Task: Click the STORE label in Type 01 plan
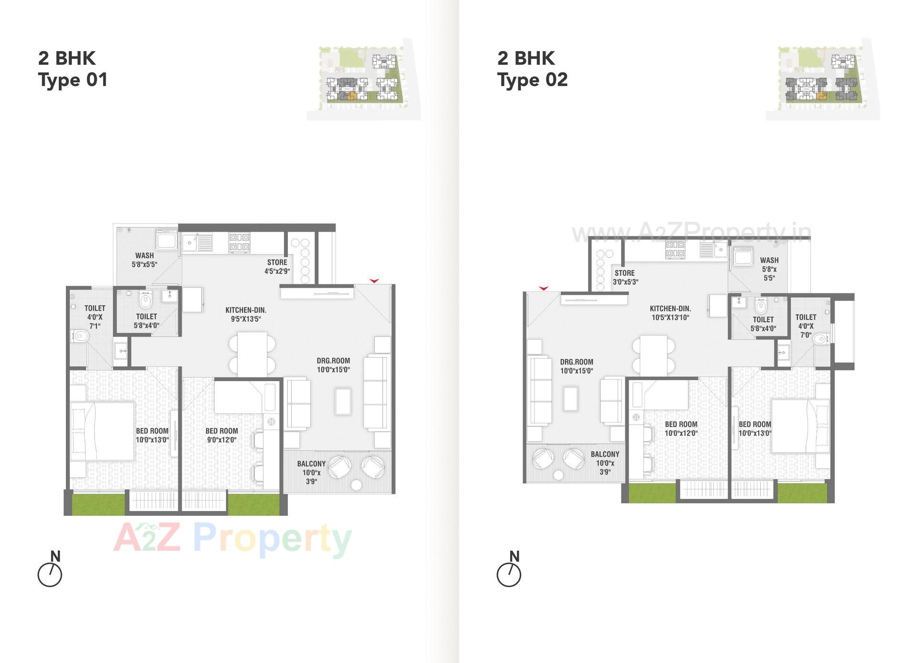[277, 262]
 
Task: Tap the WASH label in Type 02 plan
[769, 261]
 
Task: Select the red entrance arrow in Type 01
[374, 281]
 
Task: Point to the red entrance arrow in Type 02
[544, 288]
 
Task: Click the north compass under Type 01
[50, 574]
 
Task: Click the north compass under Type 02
[509, 574]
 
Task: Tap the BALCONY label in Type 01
[311, 464]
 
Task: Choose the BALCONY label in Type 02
[605, 454]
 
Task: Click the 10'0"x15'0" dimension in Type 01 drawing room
[333, 370]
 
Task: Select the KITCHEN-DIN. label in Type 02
[670, 309]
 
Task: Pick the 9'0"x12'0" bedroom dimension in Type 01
[221, 440]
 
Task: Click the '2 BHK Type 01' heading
[73, 69]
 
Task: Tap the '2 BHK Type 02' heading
[532, 69]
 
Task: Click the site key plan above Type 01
[363, 79]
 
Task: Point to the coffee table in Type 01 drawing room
[343, 402]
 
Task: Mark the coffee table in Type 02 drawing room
[570, 399]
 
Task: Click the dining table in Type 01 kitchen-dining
[252, 354]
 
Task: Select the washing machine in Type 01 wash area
[166, 240]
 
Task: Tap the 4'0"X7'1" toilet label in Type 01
[95, 317]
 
